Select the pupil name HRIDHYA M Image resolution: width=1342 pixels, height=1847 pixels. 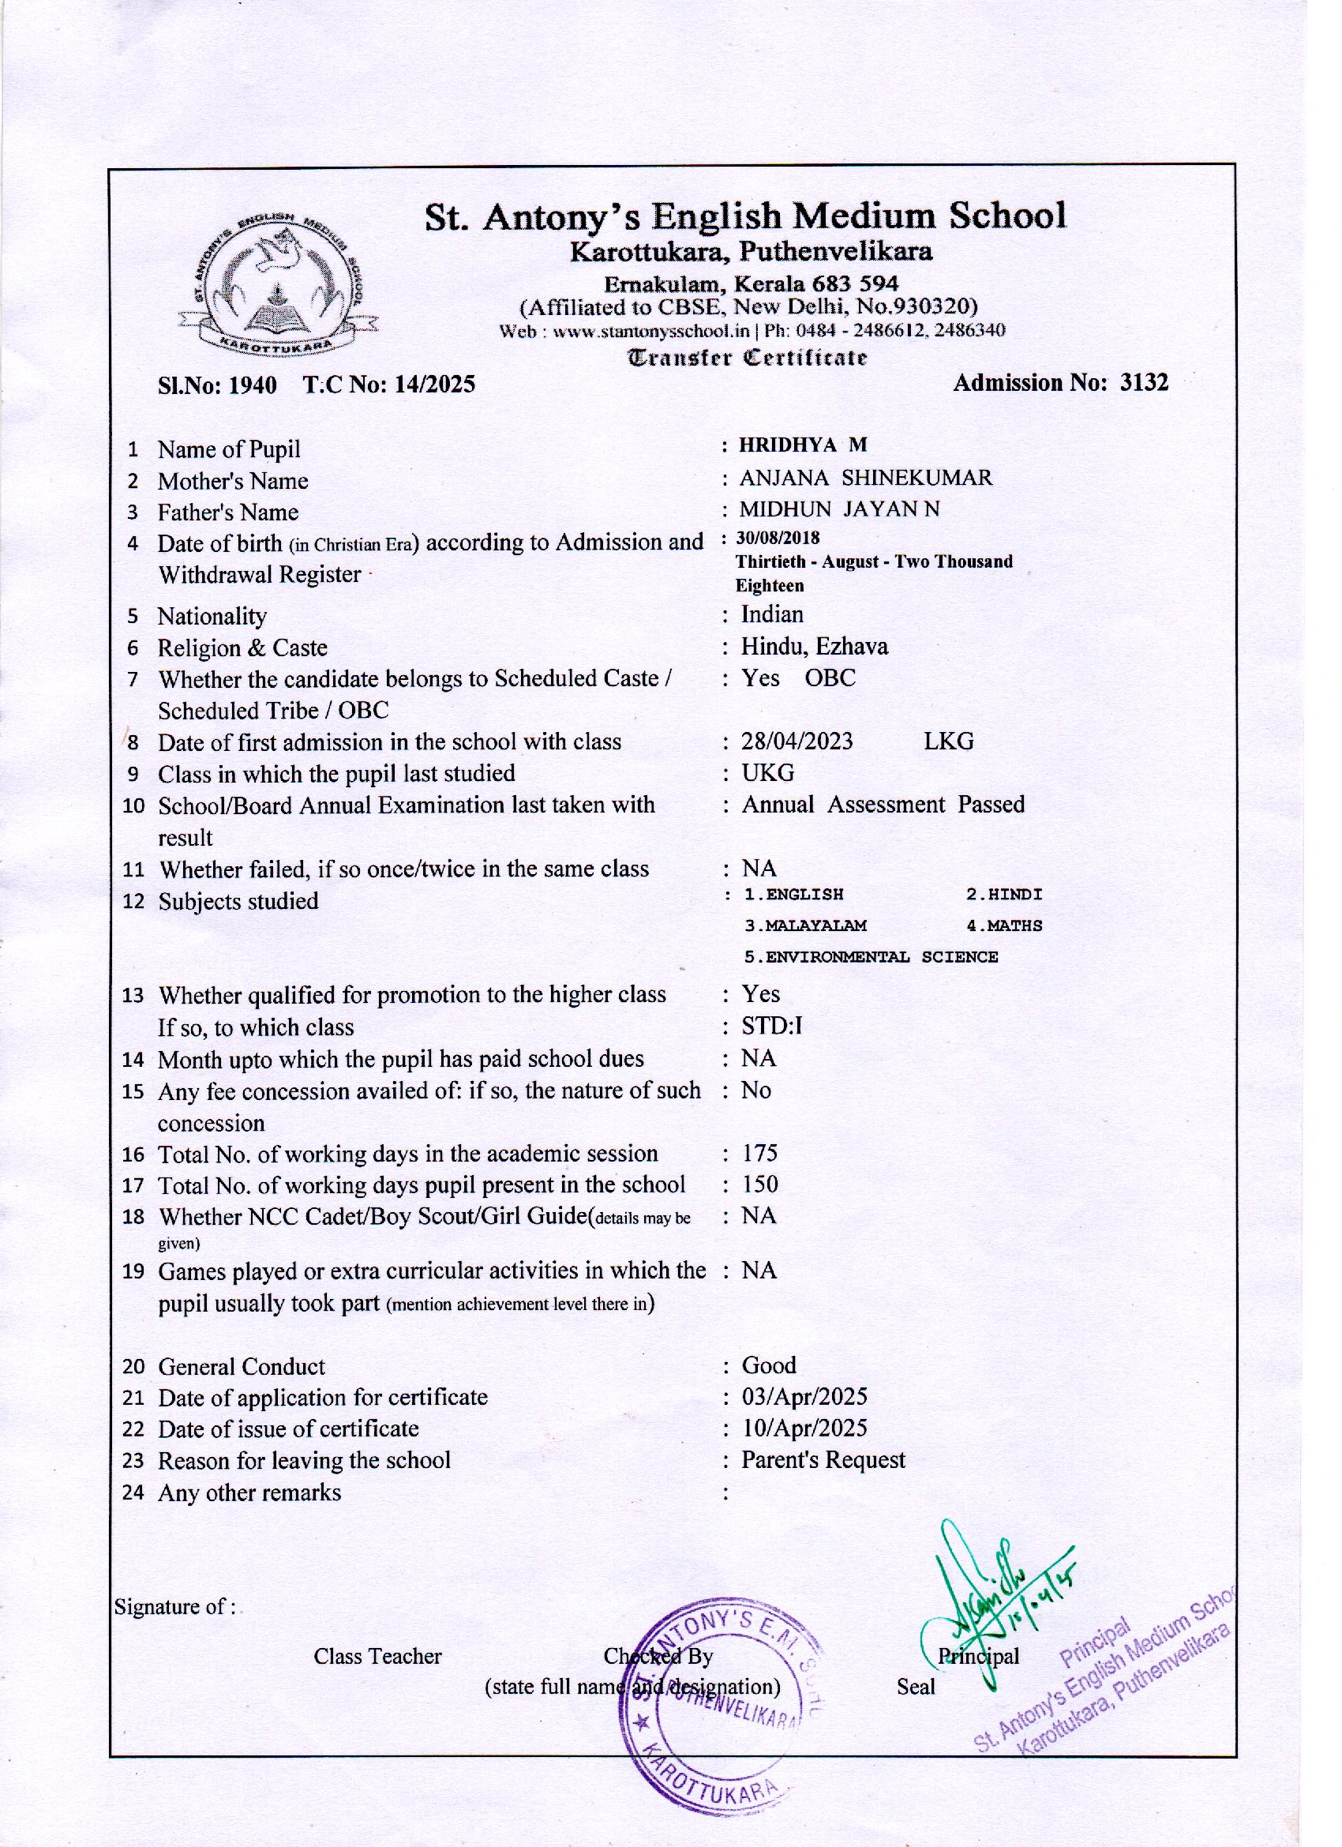point(802,445)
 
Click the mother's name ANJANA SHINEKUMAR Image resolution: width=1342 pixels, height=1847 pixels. point(866,478)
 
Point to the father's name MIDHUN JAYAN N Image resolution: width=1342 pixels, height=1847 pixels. point(838,510)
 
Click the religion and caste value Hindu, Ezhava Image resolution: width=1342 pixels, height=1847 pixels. point(814,648)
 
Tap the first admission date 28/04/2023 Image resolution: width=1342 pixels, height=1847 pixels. point(797,742)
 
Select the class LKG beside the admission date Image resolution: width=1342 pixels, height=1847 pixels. point(948,742)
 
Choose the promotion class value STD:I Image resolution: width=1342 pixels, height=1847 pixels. point(771,1026)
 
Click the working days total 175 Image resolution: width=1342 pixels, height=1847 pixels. point(759,1153)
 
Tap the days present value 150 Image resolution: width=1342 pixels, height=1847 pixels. point(759,1185)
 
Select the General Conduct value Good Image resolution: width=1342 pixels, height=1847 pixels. point(768,1365)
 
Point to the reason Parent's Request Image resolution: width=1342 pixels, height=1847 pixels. point(823,1460)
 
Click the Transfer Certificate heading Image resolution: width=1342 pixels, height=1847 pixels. point(746,358)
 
